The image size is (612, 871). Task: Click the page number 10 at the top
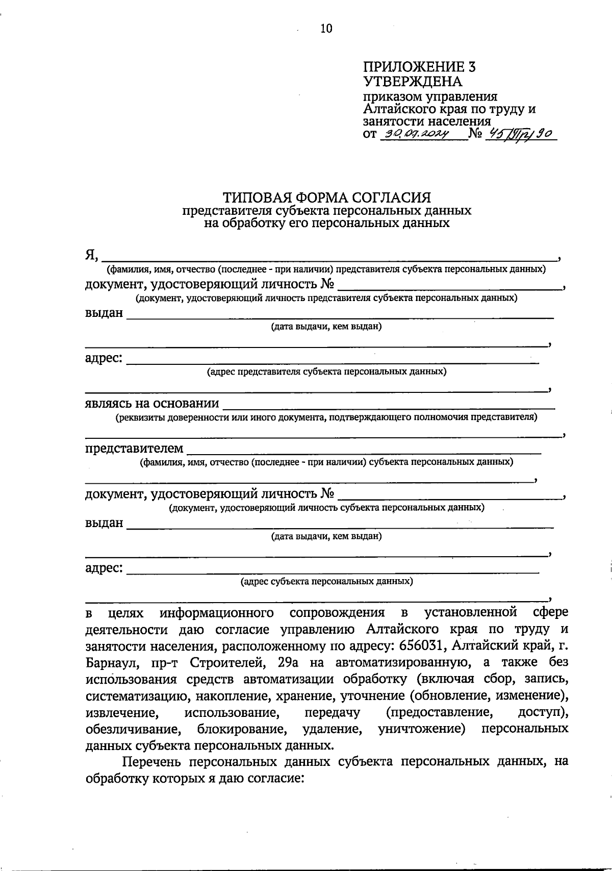point(326,29)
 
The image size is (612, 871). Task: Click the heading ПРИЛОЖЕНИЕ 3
point(419,67)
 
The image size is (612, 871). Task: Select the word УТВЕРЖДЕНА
point(412,82)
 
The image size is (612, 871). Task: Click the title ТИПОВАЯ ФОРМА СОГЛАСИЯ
point(326,197)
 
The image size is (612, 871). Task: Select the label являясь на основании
point(152,404)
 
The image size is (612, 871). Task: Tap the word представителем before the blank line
point(134,449)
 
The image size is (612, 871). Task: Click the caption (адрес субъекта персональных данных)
point(326,581)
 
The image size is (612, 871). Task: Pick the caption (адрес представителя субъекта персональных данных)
point(326,372)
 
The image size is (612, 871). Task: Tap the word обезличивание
point(134,729)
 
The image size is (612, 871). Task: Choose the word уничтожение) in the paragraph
point(422,729)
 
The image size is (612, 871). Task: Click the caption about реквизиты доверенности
point(326,417)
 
